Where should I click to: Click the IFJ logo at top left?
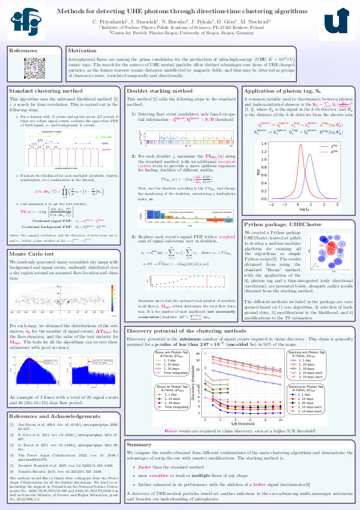click(x=22, y=25)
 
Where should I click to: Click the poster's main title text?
click(x=180, y=11)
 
